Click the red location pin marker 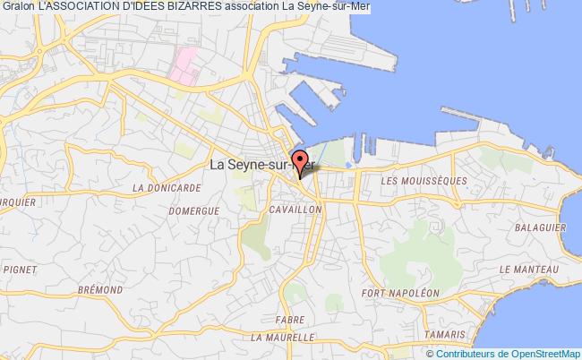click(299, 165)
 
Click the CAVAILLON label click(295, 208)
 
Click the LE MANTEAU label click(529, 268)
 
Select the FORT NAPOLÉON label click(400, 293)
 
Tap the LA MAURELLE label click(282, 338)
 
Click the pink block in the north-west click(185, 65)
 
